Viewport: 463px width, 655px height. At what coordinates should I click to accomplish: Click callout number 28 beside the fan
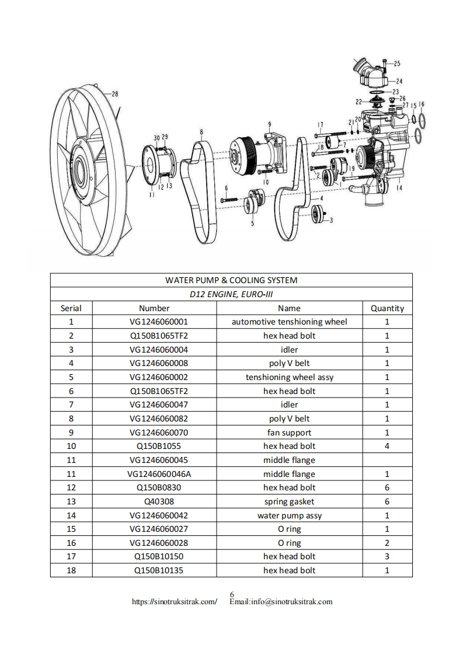[x=115, y=93]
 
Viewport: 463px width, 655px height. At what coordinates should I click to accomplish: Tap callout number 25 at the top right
[x=397, y=63]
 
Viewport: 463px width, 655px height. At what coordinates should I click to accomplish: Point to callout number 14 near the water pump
[x=399, y=188]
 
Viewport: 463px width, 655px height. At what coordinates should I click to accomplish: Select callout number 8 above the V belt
[x=201, y=131]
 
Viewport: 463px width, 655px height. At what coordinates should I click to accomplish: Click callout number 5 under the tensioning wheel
[x=252, y=223]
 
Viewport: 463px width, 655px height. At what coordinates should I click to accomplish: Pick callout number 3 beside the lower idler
[x=332, y=220]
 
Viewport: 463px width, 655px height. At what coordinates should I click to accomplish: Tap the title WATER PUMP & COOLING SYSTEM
[x=231, y=280]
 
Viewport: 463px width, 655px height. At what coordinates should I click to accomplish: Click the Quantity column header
[x=387, y=308]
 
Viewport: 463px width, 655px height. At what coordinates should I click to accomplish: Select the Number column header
[x=154, y=308]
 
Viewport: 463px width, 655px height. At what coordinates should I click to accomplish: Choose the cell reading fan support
[x=289, y=433]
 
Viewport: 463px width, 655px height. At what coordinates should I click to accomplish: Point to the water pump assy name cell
[x=289, y=515]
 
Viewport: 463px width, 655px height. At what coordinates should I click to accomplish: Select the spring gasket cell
[x=289, y=501]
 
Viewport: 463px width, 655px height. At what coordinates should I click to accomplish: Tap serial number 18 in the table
[x=71, y=570]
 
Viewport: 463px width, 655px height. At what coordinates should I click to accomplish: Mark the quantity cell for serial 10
[x=387, y=446]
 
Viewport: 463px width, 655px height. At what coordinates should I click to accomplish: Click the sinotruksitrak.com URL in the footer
[x=175, y=602]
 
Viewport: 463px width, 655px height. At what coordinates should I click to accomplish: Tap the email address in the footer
[x=281, y=602]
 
